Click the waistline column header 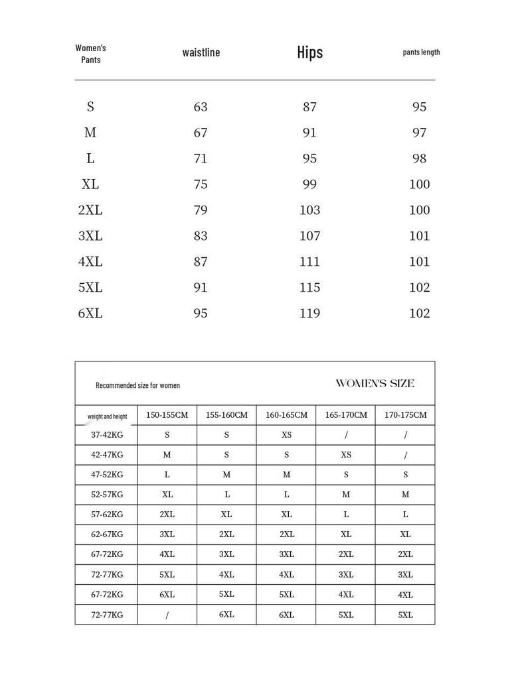(201, 53)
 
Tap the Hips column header (309, 52)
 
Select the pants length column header (421, 52)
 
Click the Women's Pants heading (90, 54)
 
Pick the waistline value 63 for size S (201, 107)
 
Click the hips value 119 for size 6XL (309, 313)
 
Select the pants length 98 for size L (419, 158)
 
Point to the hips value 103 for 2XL (309, 210)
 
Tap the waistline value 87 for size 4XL (201, 261)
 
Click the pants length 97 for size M (419, 133)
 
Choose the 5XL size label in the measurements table (90, 287)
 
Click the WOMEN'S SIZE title (375, 383)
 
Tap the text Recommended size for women (137, 385)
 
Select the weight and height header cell (107, 416)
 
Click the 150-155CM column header (167, 415)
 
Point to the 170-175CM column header (405, 415)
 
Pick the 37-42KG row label (107, 435)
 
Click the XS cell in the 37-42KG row (286, 435)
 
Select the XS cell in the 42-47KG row (345, 455)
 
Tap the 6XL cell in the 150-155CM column (167, 595)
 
